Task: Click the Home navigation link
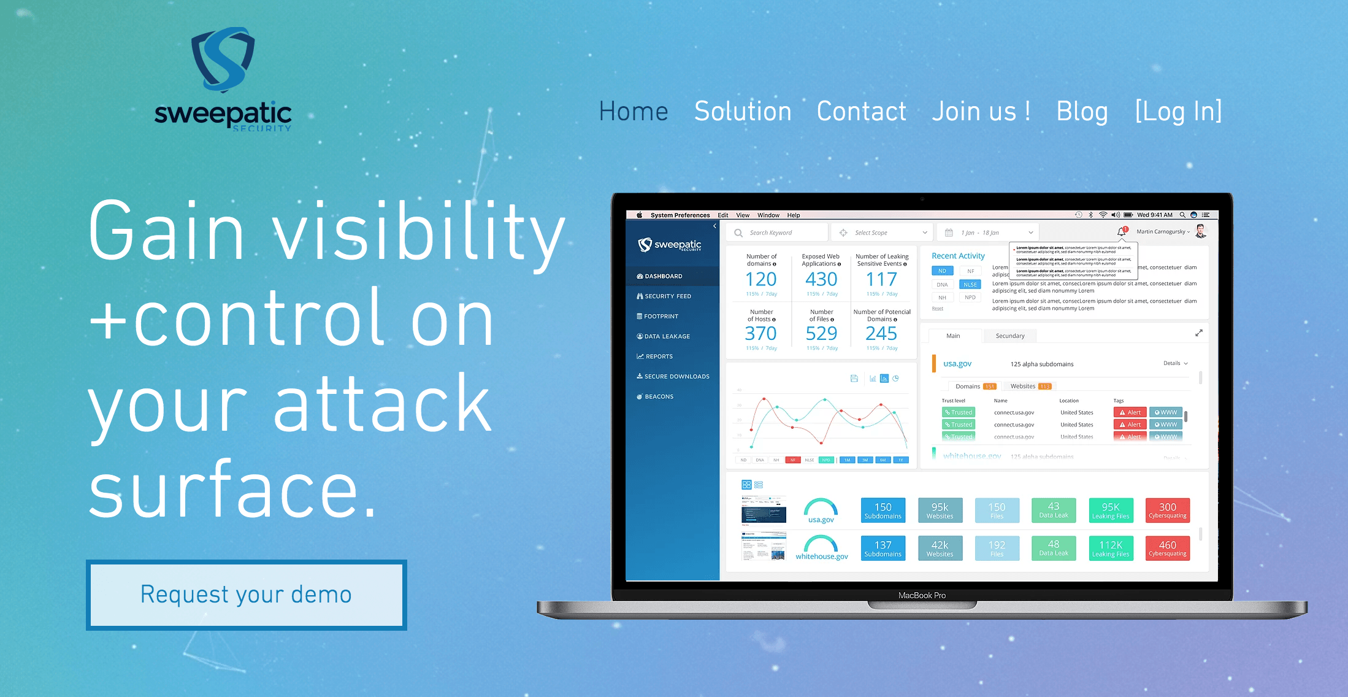pos(633,112)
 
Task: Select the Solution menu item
pos(743,112)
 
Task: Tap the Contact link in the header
pos(861,112)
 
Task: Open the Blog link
pos(1082,112)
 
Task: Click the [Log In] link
pos(1178,112)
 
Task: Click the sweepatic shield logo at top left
pos(223,60)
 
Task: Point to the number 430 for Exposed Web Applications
pos(821,280)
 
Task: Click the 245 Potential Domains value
pos(881,334)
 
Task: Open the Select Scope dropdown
pos(883,233)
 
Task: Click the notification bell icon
pos(1121,232)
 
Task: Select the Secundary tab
pos(1009,336)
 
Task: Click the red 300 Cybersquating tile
pos(1167,510)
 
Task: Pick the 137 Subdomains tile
pos(883,549)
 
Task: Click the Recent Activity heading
pos(958,256)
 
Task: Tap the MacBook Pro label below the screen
pos(922,595)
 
